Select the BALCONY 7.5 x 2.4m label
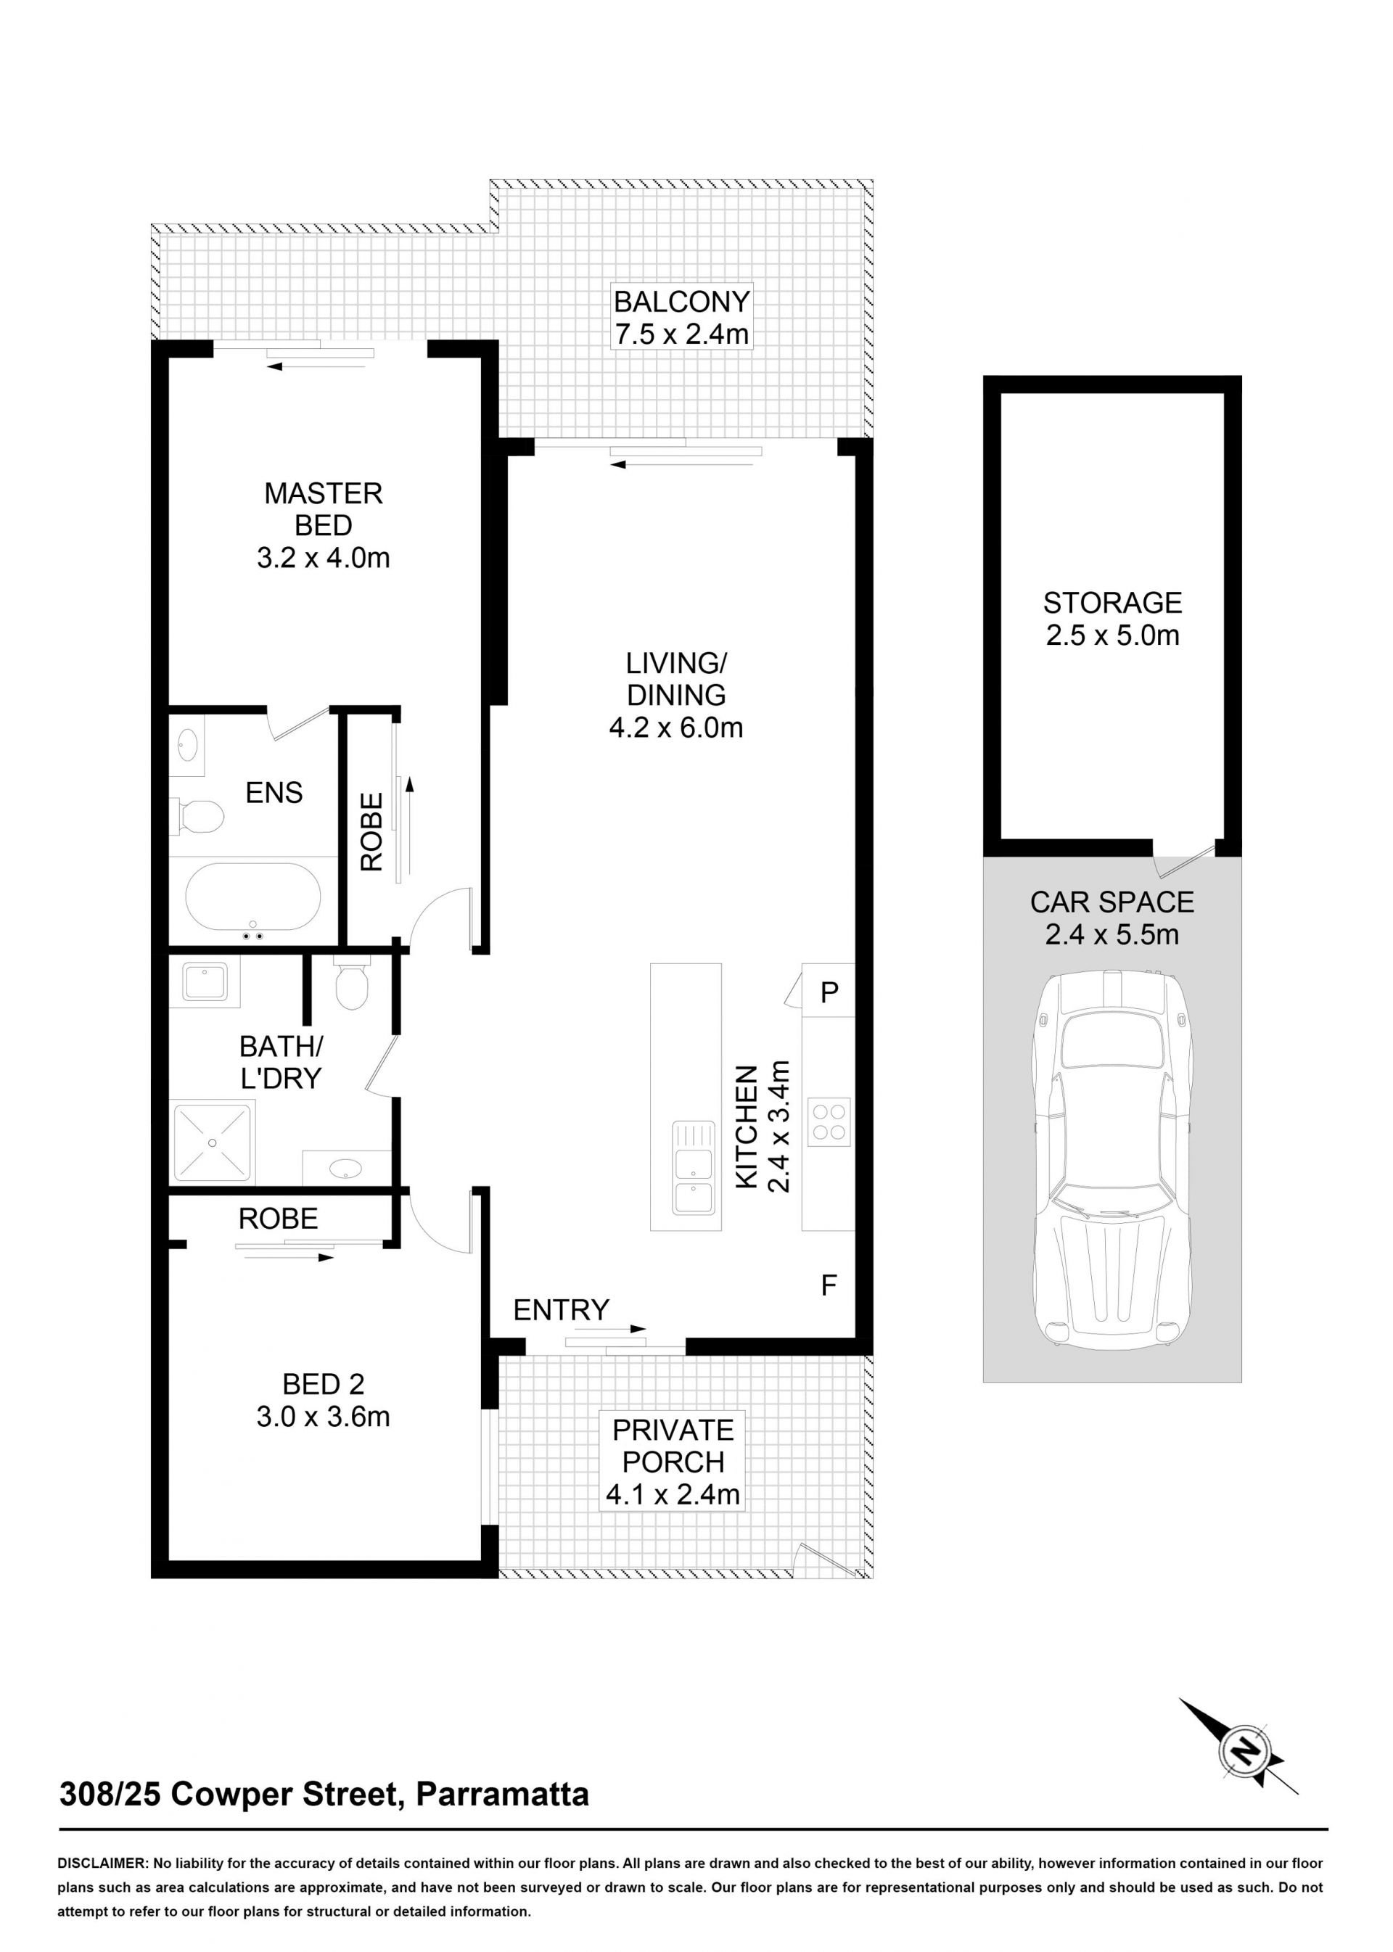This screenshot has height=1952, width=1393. click(x=681, y=317)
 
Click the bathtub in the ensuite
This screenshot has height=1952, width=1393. click(x=253, y=898)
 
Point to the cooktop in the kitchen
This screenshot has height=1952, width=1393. click(x=829, y=1121)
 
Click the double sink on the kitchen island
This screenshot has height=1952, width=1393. click(x=693, y=1167)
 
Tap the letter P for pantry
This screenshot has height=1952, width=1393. click(x=829, y=992)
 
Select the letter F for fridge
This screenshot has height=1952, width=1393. click(x=829, y=1285)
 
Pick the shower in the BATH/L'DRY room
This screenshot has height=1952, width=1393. click(x=213, y=1143)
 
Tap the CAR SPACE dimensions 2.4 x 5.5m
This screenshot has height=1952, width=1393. click(x=1111, y=934)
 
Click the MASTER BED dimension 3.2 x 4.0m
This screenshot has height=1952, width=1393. click(x=324, y=558)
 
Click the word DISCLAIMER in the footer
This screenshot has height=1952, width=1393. click(x=102, y=1863)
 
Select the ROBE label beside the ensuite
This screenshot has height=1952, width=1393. click(x=371, y=832)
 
